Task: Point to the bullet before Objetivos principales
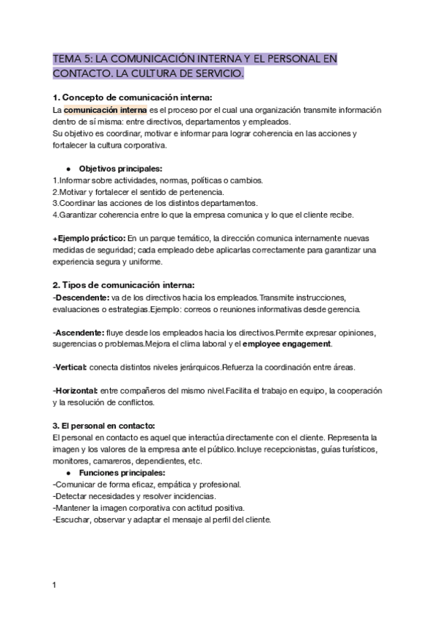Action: (x=68, y=168)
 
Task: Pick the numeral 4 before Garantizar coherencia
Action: (x=55, y=215)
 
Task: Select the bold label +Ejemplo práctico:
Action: (x=89, y=238)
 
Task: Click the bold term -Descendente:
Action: (x=82, y=298)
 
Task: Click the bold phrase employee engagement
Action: (x=286, y=343)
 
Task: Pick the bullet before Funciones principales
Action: (x=68, y=473)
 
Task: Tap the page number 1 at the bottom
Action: (x=55, y=584)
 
